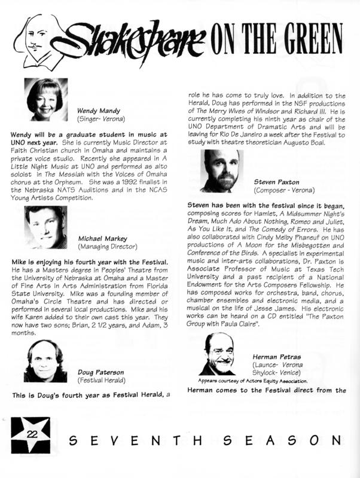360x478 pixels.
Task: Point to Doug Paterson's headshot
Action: (45, 361)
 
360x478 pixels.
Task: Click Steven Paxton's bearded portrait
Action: (222, 171)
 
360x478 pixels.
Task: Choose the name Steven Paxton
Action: (277, 180)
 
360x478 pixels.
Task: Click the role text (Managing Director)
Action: (108, 246)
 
